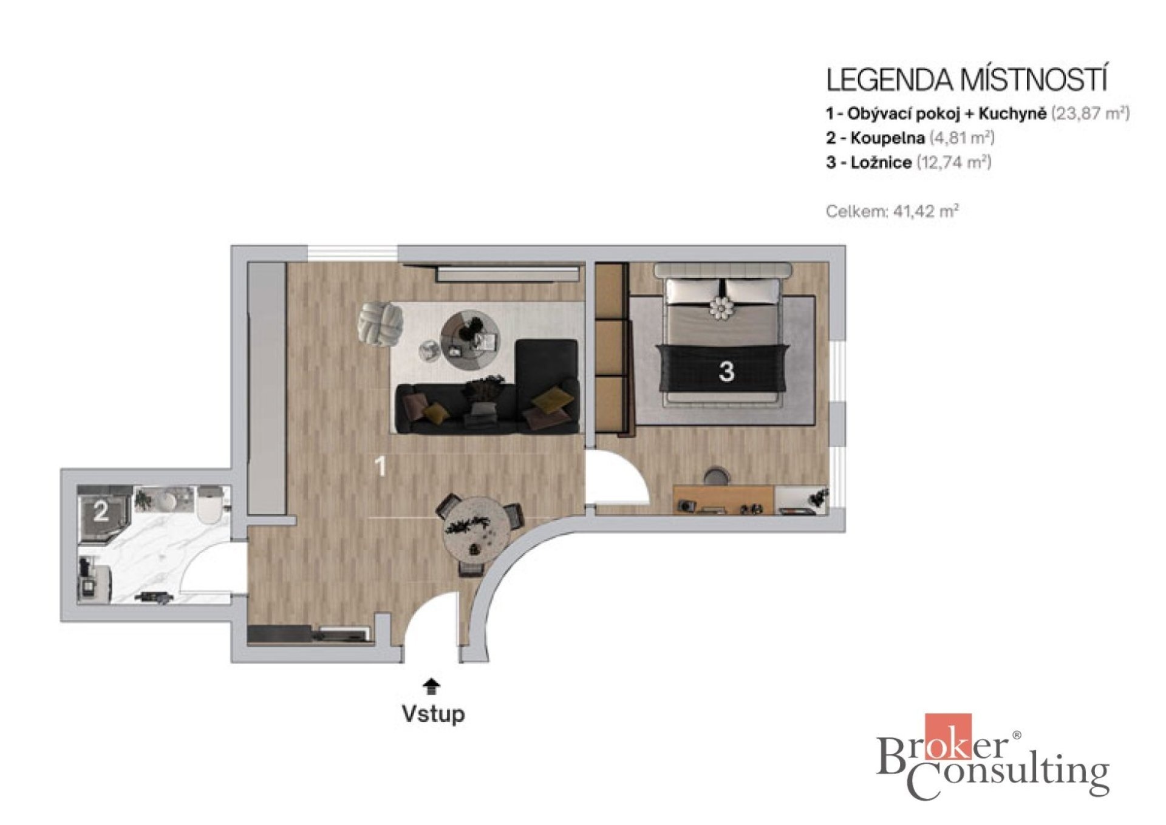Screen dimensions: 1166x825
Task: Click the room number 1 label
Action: pos(381,467)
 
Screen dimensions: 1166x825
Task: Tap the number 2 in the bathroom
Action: pos(101,512)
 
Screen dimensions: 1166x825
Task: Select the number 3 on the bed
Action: pos(726,371)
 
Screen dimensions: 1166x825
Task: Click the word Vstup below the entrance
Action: pos(433,713)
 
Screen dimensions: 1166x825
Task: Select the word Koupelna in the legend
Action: pos(887,138)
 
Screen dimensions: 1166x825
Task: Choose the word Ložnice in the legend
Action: pos(881,162)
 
